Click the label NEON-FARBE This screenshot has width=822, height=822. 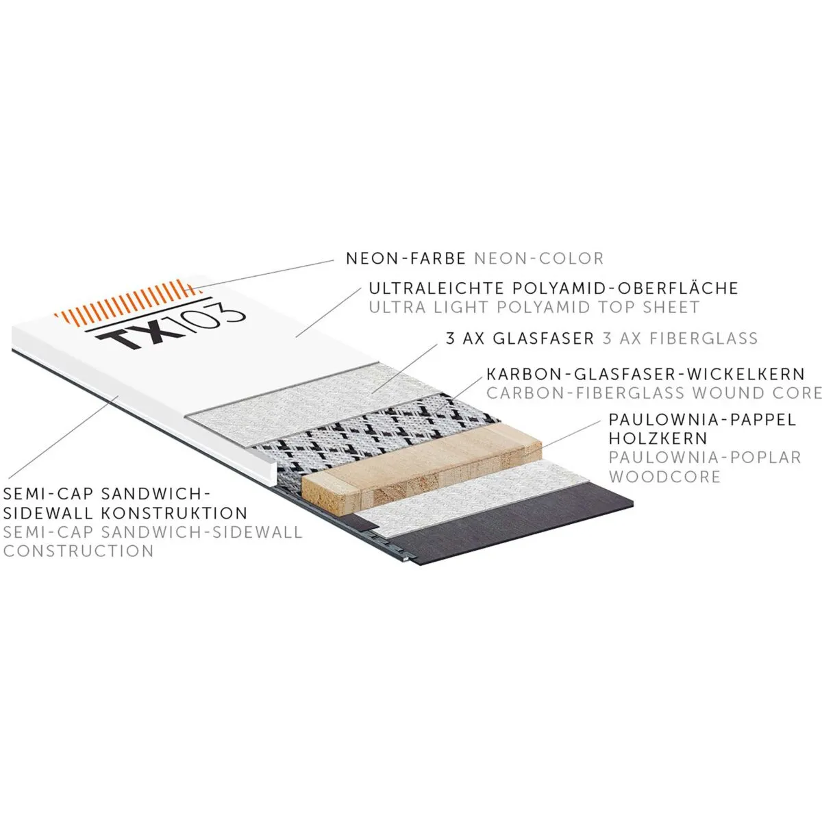click(406, 258)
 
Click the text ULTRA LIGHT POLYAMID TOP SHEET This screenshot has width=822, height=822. click(534, 307)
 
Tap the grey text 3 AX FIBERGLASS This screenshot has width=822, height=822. click(680, 338)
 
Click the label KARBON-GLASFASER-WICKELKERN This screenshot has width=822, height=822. click(645, 374)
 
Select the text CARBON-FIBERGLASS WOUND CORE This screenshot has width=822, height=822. click(653, 393)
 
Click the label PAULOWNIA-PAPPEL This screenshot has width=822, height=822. click(703, 419)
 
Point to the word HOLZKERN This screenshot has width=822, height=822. click(648, 438)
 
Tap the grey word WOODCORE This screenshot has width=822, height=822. click(664, 475)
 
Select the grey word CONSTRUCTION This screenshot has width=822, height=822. click(79, 550)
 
